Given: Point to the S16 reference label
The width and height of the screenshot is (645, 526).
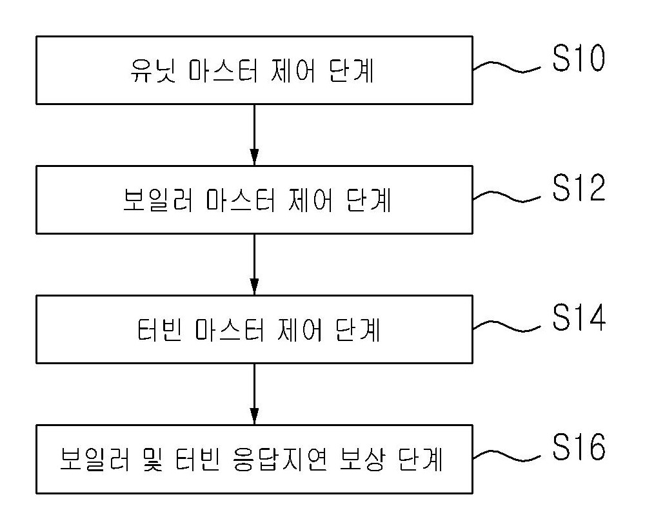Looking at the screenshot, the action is point(579,447).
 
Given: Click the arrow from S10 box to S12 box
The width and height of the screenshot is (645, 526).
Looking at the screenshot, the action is point(254,135).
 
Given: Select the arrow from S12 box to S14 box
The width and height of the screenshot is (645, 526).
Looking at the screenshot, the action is point(254,264).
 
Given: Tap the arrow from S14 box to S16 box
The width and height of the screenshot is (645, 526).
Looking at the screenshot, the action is point(254,394).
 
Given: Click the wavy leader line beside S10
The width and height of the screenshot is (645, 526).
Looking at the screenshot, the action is point(507,67).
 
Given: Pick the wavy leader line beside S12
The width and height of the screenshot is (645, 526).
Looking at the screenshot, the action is point(507,197).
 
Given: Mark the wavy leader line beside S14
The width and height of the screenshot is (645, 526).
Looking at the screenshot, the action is point(507,326).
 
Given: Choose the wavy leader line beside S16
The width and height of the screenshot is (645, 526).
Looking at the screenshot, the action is point(507,456).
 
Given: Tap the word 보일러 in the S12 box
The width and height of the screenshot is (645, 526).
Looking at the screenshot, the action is point(158,200).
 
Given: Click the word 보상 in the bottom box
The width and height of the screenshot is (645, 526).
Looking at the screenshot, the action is point(362,460).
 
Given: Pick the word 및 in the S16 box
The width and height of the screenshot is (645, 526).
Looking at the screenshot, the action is point(153,460).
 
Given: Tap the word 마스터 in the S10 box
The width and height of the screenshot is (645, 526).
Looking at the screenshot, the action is point(224,71).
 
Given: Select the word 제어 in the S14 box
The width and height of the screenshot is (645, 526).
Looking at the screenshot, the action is point(300,330).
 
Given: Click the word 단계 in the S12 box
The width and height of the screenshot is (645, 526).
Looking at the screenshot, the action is point(368,200).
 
